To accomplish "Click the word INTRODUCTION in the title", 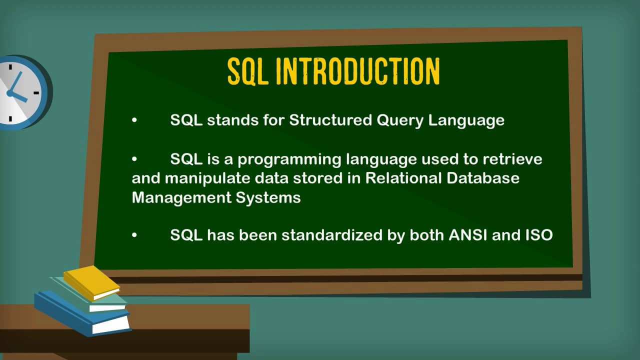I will coord(357,71).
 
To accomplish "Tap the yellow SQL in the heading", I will coord(248,71).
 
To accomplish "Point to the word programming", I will coord(289,160).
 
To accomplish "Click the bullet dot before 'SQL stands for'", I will coord(134,121).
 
